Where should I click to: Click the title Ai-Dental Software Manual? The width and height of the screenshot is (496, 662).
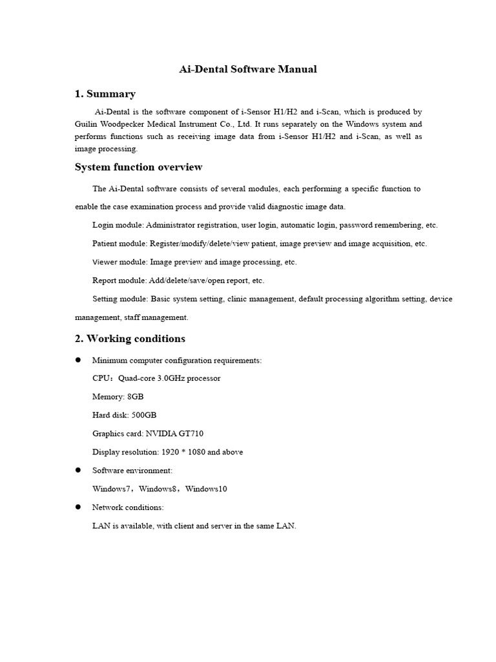point(247,69)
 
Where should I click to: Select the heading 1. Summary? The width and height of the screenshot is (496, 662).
point(105,94)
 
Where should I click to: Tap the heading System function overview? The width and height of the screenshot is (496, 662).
point(138,167)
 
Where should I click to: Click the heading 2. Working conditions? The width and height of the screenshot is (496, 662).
point(130,339)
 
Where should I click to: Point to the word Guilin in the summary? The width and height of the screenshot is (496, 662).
point(87,123)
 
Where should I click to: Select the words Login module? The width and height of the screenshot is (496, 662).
point(118,226)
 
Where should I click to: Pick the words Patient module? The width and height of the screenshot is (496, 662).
point(119,244)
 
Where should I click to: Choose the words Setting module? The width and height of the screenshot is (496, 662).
point(120,299)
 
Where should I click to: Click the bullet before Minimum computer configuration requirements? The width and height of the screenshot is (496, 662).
point(78,359)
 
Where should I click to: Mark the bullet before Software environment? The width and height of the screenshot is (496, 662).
point(78,470)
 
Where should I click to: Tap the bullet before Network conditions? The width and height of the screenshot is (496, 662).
point(78,507)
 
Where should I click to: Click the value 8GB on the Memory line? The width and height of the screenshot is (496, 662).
point(136,397)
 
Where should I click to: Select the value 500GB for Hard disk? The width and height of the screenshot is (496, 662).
point(144,415)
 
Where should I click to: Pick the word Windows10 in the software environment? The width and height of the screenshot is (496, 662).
point(206,489)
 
